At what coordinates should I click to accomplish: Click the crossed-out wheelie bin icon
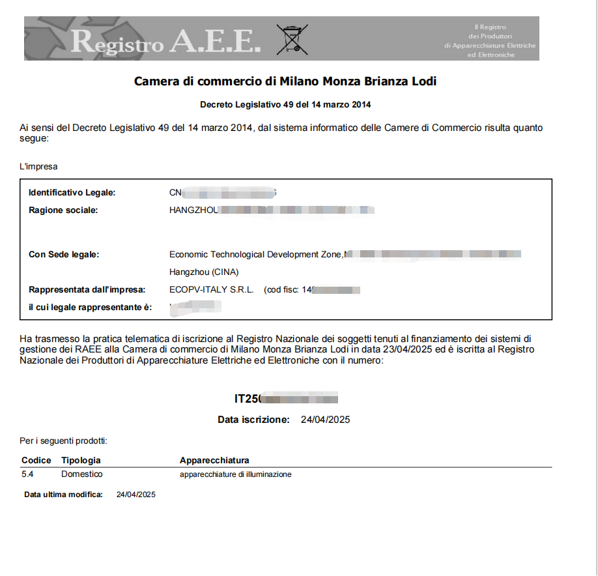click(x=292, y=39)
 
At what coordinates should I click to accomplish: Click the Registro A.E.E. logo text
click(x=165, y=41)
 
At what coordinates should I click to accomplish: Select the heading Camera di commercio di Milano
click(x=285, y=81)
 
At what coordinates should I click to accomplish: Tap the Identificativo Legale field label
click(x=72, y=193)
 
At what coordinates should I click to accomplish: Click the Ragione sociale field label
click(x=63, y=210)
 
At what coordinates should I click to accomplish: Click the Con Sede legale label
click(x=64, y=254)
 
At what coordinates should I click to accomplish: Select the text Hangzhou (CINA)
click(x=203, y=272)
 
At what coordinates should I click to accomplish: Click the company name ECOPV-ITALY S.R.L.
click(x=211, y=289)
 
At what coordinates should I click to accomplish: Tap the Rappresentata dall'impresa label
click(x=87, y=289)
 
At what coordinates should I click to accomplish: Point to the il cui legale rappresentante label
click(x=90, y=307)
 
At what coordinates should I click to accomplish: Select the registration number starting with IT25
click(x=286, y=399)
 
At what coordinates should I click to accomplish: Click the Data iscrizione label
click(x=253, y=420)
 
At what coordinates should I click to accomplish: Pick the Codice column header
click(x=36, y=461)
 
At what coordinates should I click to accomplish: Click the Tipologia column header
click(x=81, y=461)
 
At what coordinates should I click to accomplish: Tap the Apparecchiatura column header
click(x=214, y=461)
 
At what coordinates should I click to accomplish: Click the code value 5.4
click(x=27, y=474)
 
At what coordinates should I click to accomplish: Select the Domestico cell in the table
click(x=82, y=474)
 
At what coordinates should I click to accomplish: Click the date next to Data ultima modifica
click(x=135, y=495)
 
